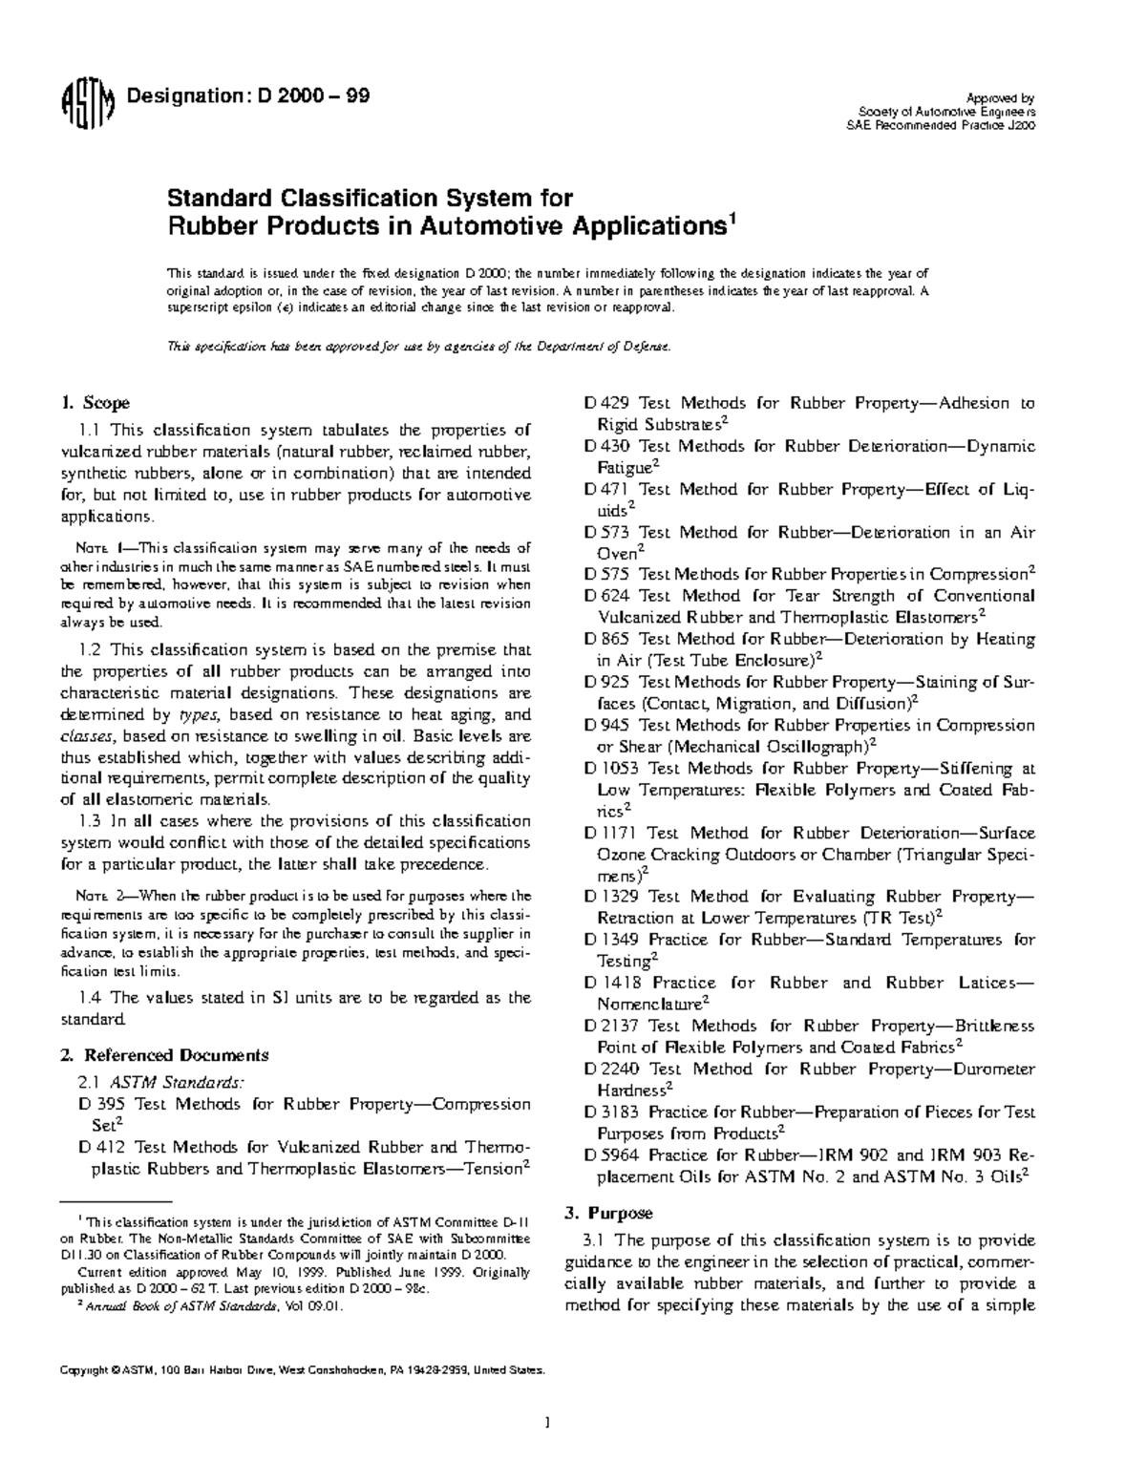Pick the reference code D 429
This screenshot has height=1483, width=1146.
pos(606,403)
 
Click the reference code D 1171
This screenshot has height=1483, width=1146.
pos(611,833)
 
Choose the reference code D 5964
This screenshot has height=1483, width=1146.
pos(611,1155)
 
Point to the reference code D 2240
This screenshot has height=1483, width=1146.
pos(611,1070)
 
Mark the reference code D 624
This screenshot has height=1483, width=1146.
pos(606,596)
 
